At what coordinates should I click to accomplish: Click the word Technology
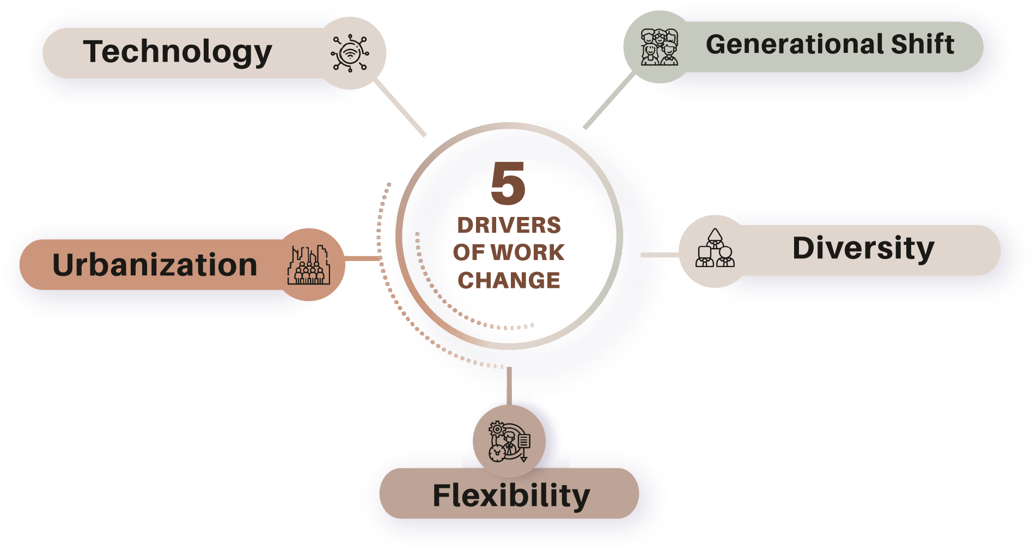pos(178,52)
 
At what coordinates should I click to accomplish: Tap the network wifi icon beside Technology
pos(350,53)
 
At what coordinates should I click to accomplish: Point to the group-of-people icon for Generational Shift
pos(660,47)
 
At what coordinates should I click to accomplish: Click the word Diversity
pos(863,249)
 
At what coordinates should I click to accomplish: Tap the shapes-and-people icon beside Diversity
pos(715,249)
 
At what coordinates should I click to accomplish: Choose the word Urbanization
pos(155,265)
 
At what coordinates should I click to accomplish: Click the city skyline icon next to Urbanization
pos(309,265)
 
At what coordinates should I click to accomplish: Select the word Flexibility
pos(511,495)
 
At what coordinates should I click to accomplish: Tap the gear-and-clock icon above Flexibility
pos(509,441)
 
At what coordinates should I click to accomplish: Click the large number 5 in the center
pos(508,184)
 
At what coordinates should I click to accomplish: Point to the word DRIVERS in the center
pos(509,225)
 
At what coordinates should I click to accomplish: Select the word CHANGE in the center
pos(509,280)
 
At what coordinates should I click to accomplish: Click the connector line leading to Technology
pos(400,108)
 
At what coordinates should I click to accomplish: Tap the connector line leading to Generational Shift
pos(609,101)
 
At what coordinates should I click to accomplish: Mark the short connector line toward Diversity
pos(660,255)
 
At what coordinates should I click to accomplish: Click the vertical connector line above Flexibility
pos(509,386)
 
